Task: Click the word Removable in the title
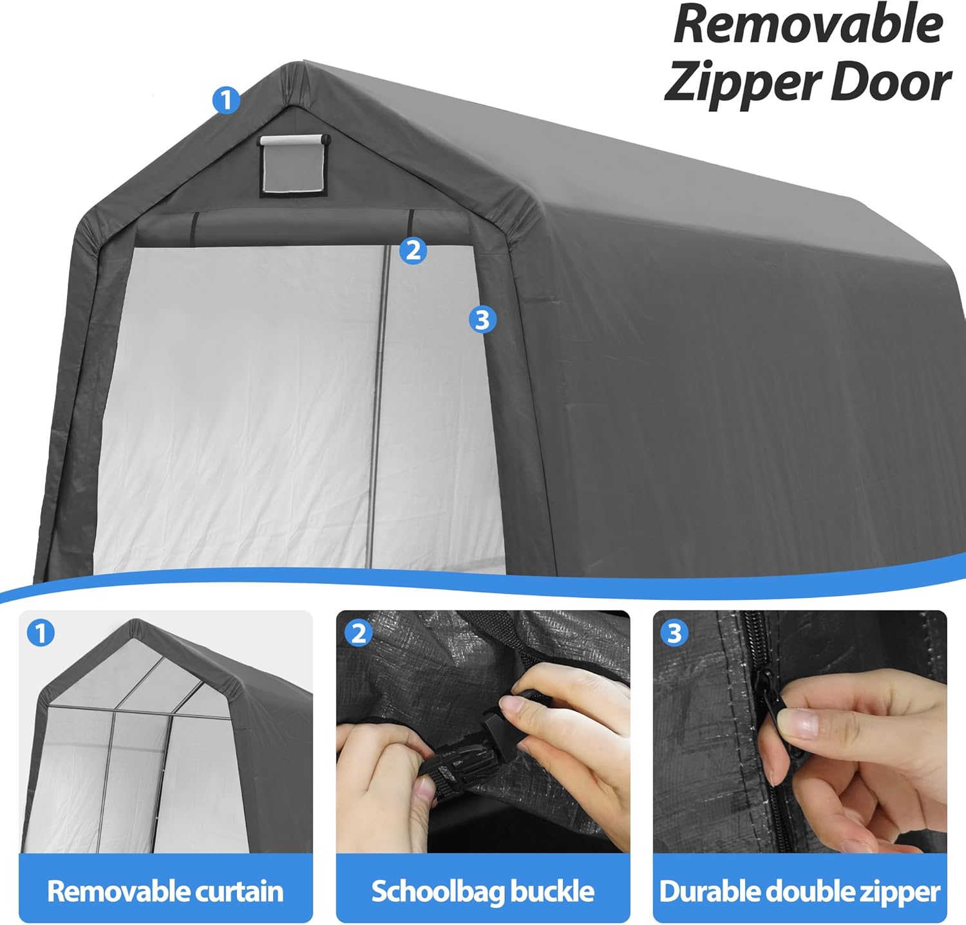point(809,25)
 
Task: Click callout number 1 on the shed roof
point(226,100)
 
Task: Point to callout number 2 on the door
point(413,250)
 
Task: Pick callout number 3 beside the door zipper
point(483,319)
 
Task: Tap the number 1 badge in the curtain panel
point(41,634)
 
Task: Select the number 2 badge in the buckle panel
point(358,634)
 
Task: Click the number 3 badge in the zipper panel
point(674,634)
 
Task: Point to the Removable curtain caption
point(166,892)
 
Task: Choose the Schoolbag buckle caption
point(483,892)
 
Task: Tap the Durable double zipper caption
point(800,892)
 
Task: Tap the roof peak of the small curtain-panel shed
point(135,622)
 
